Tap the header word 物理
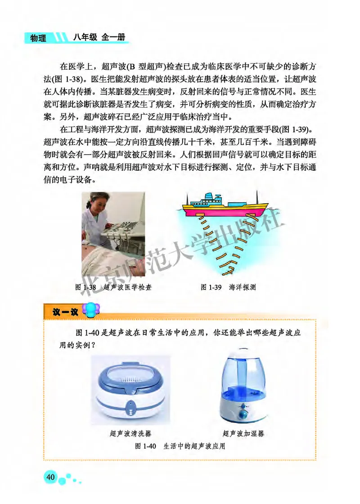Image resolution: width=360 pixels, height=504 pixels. pyautogui.click(x=38, y=38)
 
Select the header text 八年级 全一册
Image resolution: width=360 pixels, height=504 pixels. pyautogui.click(x=94, y=37)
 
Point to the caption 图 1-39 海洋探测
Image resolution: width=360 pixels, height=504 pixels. pyautogui.click(x=229, y=287)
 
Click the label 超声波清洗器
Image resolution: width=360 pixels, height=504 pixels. pyautogui.click(x=130, y=434)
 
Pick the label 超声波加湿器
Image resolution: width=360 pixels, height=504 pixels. pyautogui.click(x=243, y=434)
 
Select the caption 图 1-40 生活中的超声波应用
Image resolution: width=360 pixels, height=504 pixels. pyautogui.click(x=180, y=446)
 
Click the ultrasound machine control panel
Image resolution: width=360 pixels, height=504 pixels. pyautogui.click(x=117, y=236)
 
